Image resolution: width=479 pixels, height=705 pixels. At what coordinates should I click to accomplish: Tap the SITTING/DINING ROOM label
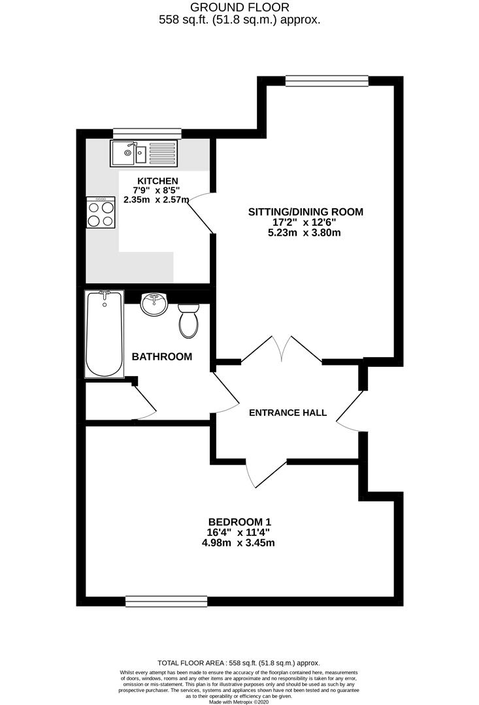point(306,211)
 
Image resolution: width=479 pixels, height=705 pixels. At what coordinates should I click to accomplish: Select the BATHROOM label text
point(161,356)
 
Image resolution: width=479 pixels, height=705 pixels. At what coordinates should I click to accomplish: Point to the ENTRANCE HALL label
point(288,413)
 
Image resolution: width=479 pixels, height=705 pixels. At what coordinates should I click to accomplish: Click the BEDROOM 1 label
point(239,522)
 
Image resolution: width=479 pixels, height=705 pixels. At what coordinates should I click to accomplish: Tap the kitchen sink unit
point(144,153)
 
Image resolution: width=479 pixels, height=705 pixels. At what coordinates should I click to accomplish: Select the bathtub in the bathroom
point(105,334)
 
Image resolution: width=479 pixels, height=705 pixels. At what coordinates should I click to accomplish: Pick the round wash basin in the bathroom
point(154,304)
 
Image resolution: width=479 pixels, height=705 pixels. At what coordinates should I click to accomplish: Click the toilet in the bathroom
point(189,321)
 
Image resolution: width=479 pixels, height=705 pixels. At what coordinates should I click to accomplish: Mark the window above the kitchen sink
point(147,134)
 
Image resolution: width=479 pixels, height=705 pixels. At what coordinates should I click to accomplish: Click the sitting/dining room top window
point(327,80)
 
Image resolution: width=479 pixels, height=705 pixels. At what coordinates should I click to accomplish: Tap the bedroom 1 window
point(167,601)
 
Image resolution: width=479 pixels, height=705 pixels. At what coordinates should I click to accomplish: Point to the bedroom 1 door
point(266,474)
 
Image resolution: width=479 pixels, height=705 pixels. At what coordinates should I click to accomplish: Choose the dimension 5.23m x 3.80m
point(304,233)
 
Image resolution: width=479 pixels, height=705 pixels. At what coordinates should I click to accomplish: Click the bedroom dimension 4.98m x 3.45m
point(239,542)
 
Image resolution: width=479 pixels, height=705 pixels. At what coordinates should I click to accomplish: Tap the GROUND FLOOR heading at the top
point(239,7)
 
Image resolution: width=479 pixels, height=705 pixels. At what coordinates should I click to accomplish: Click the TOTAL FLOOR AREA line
point(239,663)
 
